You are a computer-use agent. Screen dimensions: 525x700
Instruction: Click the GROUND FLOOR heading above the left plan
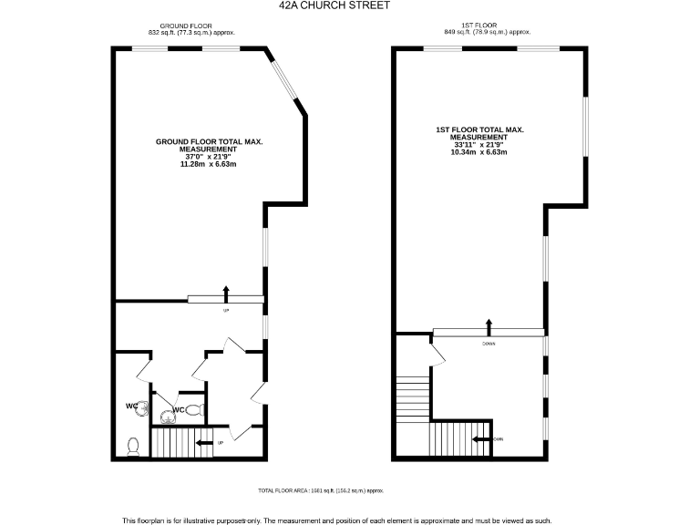click(x=186, y=26)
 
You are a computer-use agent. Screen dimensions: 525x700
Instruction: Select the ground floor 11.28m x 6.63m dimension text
click(x=210, y=164)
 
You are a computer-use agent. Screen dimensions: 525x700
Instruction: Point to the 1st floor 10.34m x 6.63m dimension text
click(x=479, y=152)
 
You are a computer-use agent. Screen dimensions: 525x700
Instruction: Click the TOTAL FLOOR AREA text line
click(x=321, y=489)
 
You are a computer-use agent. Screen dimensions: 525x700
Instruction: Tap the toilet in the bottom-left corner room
click(x=133, y=446)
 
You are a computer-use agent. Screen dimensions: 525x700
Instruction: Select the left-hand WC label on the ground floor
click(x=131, y=406)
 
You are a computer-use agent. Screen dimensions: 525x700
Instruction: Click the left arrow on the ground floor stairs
click(x=206, y=443)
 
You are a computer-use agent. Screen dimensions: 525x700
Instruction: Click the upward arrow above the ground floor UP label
click(x=226, y=292)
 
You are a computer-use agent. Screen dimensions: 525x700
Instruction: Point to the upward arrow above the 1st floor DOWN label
click(x=489, y=326)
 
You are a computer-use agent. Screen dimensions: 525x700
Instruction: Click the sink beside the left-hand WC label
click(x=143, y=408)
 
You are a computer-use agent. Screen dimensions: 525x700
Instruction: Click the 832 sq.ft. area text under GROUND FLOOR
click(x=191, y=33)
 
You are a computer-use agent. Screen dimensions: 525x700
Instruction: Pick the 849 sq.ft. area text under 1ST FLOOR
click(x=486, y=33)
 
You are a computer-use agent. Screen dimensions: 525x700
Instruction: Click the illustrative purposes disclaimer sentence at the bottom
click(x=337, y=520)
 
